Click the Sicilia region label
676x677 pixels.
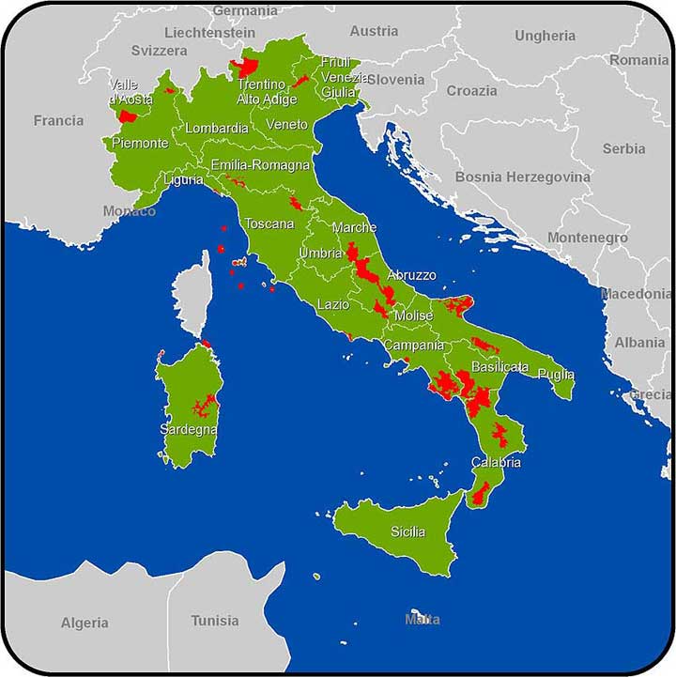click(408, 532)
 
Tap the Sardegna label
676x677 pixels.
click(189, 430)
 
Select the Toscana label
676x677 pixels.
click(269, 224)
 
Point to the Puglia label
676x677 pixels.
click(556, 375)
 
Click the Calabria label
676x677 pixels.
click(496, 463)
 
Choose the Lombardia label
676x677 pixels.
click(217, 129)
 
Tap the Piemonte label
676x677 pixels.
click(141, 144)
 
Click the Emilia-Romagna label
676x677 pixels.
click(260, 165)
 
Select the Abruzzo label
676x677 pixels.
click(411, 275)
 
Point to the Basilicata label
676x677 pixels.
click(499, 367)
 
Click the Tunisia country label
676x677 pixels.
click(215, 621)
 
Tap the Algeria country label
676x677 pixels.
click(84, 623)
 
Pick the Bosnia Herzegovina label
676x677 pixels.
click(522, 177)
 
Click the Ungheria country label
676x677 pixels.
click(545, 36)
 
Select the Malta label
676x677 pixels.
click(422, 620)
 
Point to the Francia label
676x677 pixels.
click(58, 120)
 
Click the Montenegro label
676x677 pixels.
click(588, 238)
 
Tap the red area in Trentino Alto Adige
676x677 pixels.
click(247, 67)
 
